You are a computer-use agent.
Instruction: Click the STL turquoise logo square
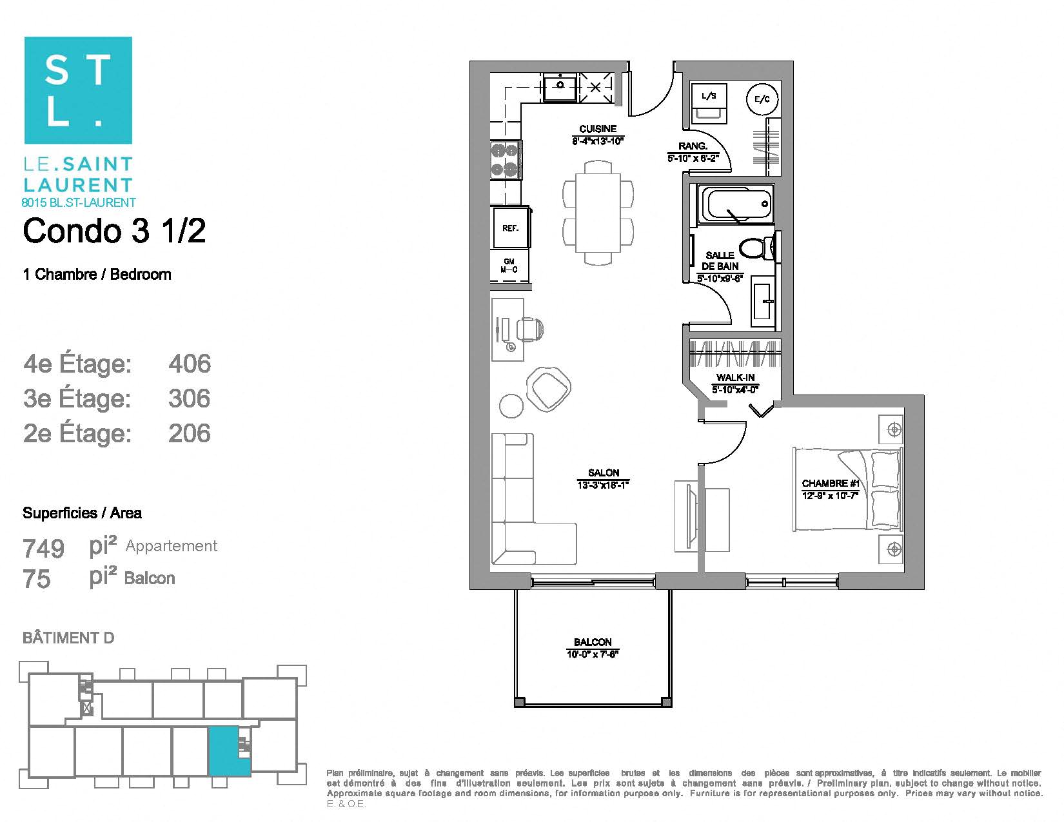(x=78, y=90)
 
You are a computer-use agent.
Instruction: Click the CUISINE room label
(x=598, y=129)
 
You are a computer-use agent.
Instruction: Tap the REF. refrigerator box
(x=510, y=228)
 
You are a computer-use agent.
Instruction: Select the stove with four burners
(x=506, y=160)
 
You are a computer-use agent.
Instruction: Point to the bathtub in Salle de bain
(x=736, y=204)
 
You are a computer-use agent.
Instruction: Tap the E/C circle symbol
(x=762, y=99)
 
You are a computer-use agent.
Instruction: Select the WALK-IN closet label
(x=735, y=378)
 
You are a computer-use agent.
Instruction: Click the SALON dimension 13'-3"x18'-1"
(x=603, y=485)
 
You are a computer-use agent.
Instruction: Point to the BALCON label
(x=593, y=642)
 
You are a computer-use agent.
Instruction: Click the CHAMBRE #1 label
(x=830, y=484)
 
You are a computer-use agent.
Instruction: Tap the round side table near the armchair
(x=512, y=406)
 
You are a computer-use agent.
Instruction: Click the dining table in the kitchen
(x=598, y=213)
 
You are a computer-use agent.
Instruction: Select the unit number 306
(x=190, y=398)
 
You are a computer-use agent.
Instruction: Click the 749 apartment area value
(x=44, y=549)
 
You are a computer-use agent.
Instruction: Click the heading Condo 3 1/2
(x=114, y=231)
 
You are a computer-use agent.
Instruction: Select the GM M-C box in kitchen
(x=509, y=266)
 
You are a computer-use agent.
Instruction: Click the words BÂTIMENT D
(x=68, y=638)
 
